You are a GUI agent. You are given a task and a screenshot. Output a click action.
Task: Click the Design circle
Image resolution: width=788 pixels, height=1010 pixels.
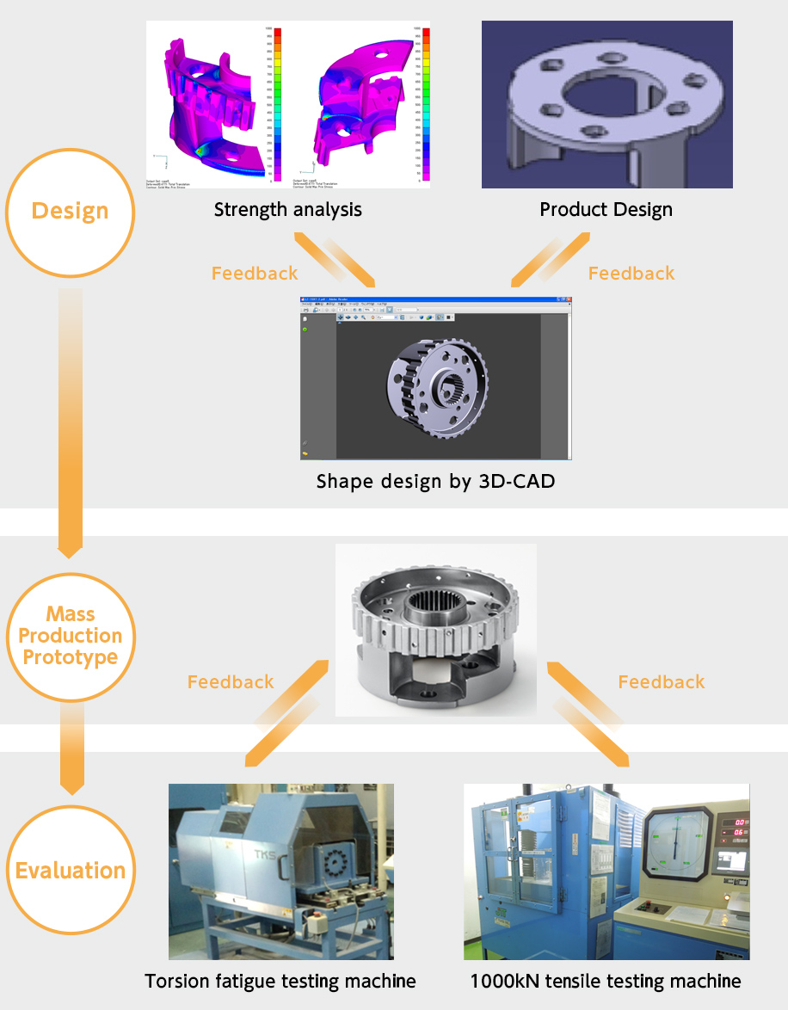click(71, 212)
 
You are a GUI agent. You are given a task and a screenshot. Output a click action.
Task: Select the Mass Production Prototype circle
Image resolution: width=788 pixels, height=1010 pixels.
click(71, 637)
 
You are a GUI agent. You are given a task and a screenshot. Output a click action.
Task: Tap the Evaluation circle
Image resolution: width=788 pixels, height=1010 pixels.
click(71, 871)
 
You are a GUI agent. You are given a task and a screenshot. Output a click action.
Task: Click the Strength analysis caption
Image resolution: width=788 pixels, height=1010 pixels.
click(288, 210)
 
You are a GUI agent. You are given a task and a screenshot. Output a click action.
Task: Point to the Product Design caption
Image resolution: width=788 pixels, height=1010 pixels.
click(606, 210)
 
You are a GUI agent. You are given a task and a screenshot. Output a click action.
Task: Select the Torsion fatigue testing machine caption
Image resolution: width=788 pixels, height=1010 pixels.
click(280, 981)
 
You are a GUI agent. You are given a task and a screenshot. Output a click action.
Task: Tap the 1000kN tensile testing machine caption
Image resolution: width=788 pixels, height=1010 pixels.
click(606, 981)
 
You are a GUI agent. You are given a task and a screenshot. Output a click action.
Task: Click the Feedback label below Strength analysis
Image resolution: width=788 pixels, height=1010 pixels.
click(255, 274)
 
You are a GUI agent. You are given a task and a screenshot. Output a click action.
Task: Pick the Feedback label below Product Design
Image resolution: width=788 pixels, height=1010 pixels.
click(631, 274)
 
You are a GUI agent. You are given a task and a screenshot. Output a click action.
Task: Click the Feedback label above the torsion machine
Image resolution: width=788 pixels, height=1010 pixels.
click(231, 682)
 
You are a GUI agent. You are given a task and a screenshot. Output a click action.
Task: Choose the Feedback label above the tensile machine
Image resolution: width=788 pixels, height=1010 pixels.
click(662, 682)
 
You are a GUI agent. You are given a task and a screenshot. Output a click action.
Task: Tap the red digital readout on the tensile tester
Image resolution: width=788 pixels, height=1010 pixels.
click(733, 824)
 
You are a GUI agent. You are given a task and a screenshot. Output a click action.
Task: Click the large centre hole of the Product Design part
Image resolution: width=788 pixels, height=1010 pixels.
click(606, 95)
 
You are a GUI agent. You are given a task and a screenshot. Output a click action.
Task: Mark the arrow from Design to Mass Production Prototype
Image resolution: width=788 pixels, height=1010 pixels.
click(71, 422)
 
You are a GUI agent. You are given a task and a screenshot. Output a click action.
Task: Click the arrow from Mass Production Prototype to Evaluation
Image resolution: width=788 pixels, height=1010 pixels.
click(71, 748)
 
